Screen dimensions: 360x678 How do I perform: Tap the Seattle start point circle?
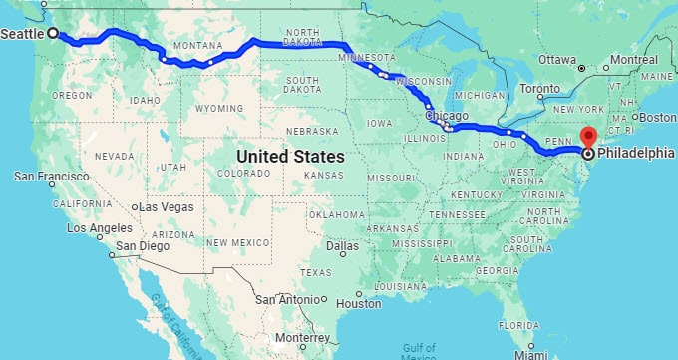point(53,33)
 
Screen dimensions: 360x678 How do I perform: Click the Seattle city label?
point(22,33)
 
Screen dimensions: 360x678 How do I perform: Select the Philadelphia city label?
point(636,154)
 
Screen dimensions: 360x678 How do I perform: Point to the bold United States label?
point(290,157)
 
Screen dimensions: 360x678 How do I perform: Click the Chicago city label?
point(446,116)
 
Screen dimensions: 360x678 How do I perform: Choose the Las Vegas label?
point(168,206)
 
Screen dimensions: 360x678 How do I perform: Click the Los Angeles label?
point(99,227)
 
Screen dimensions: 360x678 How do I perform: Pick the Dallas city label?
point(342,246)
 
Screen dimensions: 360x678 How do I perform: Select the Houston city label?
point(359,303)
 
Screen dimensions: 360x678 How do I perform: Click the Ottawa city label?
point(558,59)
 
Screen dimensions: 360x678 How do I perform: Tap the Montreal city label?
point(635,60)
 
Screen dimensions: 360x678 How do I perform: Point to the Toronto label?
point(541,88)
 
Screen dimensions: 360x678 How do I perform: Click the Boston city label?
point(657,117)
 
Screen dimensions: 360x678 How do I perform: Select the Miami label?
point(531,354)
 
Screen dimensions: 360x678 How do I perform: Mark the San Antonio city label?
point(286,299)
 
